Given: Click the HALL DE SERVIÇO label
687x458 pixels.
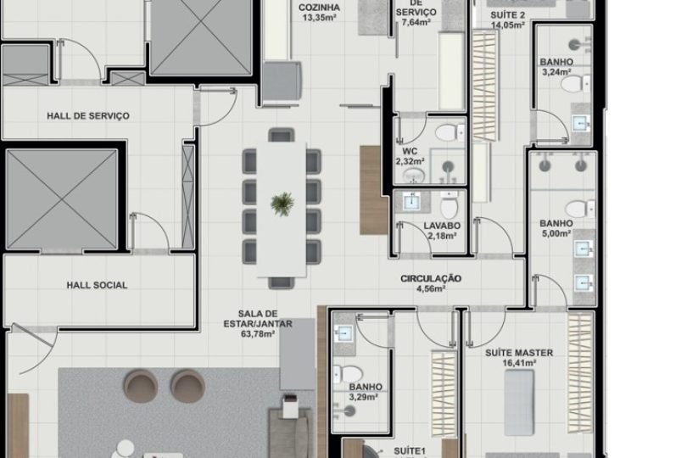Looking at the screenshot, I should coord(88,115).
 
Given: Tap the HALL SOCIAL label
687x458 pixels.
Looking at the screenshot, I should coord(97,285).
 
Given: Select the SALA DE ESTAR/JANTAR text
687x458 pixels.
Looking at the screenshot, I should coord(257,318).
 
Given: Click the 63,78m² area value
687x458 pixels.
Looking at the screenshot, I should coord(257,334).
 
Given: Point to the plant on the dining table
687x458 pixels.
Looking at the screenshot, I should coord(282,203).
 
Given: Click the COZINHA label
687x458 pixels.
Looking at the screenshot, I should coord(320,8).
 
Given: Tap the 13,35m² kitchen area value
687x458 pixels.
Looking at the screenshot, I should coord(320,20).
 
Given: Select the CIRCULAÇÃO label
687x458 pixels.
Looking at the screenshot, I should coord(431,278).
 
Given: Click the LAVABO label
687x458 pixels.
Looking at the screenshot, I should coord(441,226).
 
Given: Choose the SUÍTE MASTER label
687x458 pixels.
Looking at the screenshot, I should coord(519,353).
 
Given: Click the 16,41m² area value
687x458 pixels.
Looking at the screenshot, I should coord(519,363).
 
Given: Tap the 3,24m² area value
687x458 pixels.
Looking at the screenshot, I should coord(556,72).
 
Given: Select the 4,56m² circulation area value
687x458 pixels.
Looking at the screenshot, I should coord(431,288).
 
